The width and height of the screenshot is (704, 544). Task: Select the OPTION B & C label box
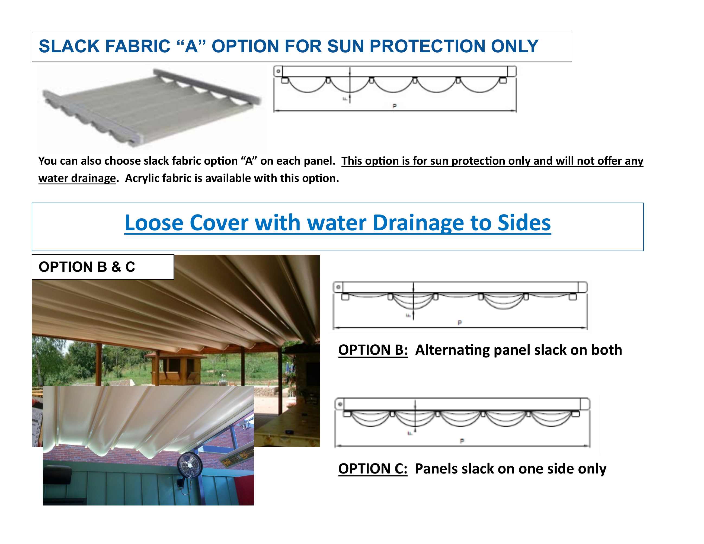[x=103, y=267]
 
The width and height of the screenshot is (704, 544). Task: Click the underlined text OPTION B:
[x=373, y=350]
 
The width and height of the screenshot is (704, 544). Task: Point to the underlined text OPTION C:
[x=373, y=469]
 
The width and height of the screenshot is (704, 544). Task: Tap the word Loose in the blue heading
[x=154, y=223]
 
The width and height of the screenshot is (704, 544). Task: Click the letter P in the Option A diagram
[x=395, y=106]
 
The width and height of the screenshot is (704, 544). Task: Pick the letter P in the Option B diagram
[x=460, y=323]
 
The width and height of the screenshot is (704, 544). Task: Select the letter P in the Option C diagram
[x=462, y=441]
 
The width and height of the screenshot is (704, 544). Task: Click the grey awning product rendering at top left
[x=152, y=106]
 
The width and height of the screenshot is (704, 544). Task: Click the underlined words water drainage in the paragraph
[x=77, y=178]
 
